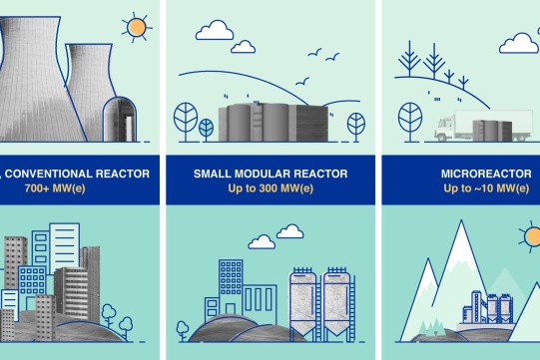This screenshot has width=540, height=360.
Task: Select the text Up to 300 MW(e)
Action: [x=270, y=188]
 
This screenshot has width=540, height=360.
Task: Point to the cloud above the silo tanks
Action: [x=262, y=241]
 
